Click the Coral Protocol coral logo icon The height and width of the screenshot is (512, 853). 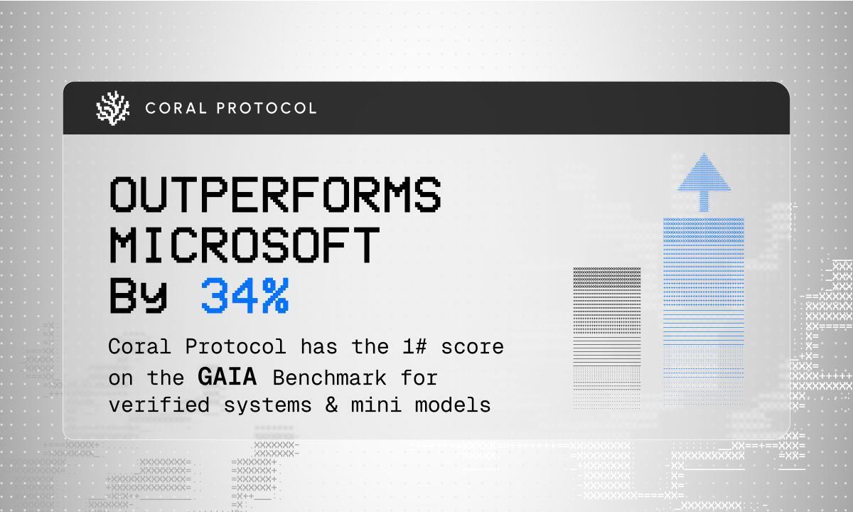(113, 108)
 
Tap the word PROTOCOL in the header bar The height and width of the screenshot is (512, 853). (267, 108)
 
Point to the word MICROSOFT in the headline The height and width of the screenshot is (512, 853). (243, 245)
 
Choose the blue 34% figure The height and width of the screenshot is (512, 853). (245, 296)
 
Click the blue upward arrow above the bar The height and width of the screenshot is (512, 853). (704, 181)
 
